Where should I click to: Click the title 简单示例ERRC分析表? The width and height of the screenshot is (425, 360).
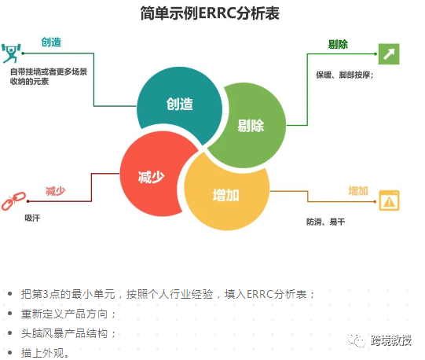[210, 13]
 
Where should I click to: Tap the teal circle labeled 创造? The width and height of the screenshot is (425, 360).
[179, 105]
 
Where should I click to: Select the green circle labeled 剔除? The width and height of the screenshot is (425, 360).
[251, 125]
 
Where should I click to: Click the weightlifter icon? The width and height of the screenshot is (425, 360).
[11, 53]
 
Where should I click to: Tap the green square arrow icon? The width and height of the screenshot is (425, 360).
[389, 54]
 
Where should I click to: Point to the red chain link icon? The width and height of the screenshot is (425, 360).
[13, 201]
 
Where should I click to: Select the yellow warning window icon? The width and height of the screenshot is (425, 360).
[389, 200]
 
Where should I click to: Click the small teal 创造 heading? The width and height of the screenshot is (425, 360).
[51, 42]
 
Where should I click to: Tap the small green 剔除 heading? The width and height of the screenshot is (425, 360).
[338, 44]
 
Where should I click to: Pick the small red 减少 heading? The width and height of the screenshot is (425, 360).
[56, 191]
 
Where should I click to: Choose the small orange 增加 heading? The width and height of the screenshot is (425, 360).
[358, 191]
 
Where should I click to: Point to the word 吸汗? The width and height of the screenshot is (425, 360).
[32, 218]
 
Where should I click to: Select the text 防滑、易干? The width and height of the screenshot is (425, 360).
[326, 222]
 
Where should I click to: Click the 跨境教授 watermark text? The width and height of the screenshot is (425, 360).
[391, 340]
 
